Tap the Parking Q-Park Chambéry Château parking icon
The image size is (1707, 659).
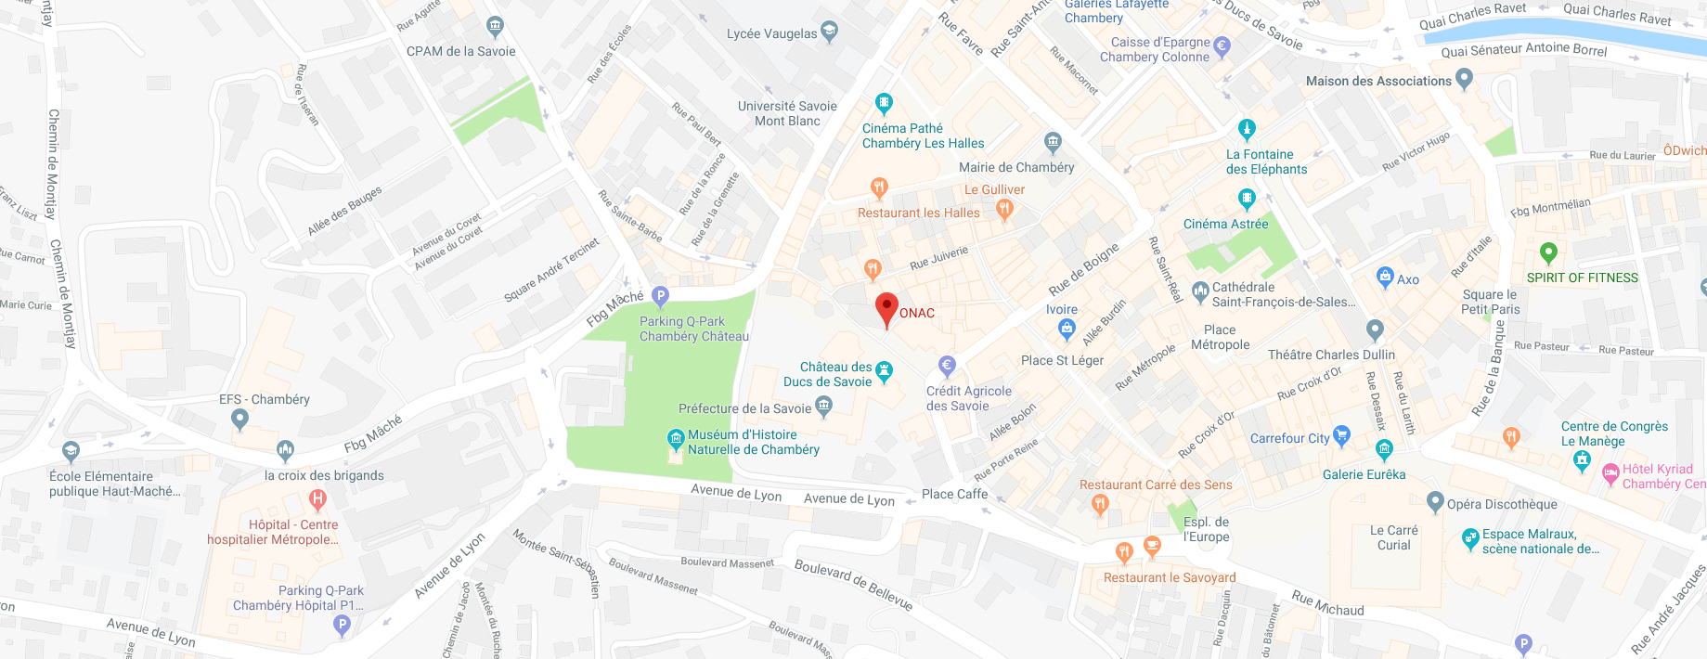click(660, 296)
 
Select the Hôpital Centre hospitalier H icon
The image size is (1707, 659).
click(317, 500)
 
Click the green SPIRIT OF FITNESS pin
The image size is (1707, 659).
click(1547, 252)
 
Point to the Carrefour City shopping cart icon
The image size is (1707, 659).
click(1340, 433)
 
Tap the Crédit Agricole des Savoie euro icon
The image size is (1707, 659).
click(946, 365)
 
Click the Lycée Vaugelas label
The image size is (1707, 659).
click(771, 33)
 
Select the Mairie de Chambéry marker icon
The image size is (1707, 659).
click(1052, 142)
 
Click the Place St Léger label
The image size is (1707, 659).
click(1062, 360)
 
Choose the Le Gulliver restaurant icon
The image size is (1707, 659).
click(1003, 209)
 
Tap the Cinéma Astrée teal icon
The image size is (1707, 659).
click(1247, 198)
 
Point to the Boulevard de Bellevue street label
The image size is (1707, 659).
click(853, 584)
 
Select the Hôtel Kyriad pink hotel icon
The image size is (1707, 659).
click(1610, 475)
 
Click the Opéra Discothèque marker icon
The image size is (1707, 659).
click(1435, 503)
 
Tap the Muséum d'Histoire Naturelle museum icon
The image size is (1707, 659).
click(676, 438)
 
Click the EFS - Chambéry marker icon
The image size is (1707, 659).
click(239, 420)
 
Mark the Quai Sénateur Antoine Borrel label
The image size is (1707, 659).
click(1523, 49)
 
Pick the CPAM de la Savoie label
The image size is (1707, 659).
click(460, 51)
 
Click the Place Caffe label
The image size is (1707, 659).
click(954, 494)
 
